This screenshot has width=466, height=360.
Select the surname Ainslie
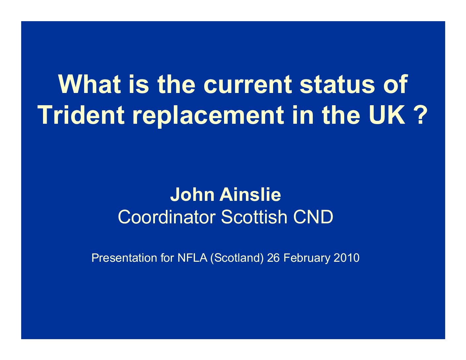tap(250, 195)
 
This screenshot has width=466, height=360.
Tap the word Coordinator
tap(166, 217)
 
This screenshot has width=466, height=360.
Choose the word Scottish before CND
tap(254, 217)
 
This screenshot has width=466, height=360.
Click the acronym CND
tap(313, 217)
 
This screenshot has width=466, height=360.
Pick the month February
tap(307, 258)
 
